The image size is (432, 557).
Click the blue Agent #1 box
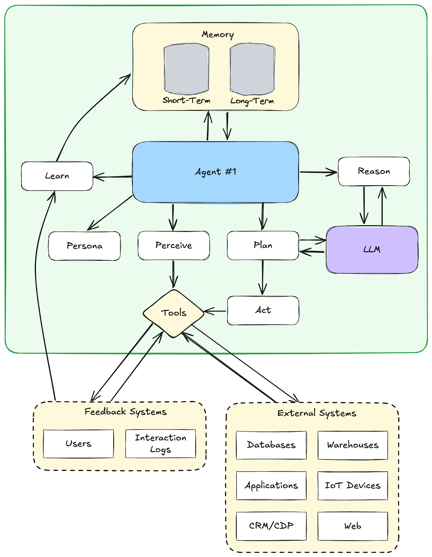[215, 172]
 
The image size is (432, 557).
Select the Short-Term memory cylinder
[186, 69]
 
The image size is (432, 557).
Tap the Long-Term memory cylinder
[252, 69]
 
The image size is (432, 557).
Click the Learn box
[57, 176]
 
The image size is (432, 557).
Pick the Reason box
[374, 171]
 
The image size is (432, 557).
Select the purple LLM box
[372, 249]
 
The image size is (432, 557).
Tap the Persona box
[84, 246]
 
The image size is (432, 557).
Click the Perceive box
[173, 245]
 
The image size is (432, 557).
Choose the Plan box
[263, 245]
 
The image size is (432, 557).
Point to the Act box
[263, 310]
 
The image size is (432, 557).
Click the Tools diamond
[173, 313]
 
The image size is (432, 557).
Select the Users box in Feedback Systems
[78, 444]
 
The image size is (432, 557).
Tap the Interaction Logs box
[160, 444]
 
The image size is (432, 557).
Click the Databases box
[271, 445]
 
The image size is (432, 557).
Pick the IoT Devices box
[352, 485]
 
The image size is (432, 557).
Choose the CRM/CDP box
[271, 526]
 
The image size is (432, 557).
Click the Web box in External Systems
[352, 526]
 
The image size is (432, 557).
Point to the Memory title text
[218, 34]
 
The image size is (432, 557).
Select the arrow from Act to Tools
[215, 311]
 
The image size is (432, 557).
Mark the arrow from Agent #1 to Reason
[318, 172]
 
